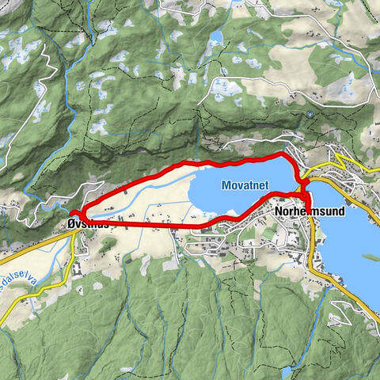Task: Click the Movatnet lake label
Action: click(245, 184)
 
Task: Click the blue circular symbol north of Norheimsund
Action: click(310, 114)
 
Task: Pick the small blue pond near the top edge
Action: click(215, 36)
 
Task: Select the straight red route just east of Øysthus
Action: click(150, 226)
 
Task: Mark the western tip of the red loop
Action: click(72, 214)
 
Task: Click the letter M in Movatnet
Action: click(226, 184)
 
